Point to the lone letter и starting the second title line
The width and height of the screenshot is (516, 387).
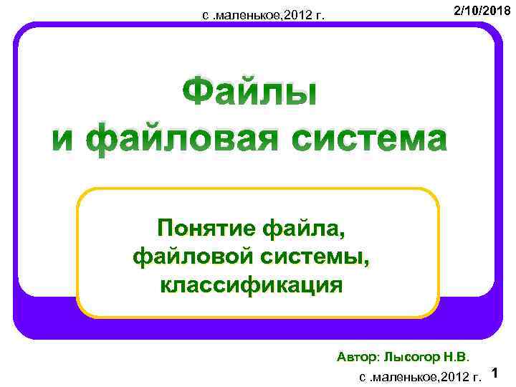click(62, 139)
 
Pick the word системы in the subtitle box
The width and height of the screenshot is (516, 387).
click(320, 257)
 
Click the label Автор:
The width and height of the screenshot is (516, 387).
click(359, 355)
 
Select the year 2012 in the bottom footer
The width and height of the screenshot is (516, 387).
click(451, 376)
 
